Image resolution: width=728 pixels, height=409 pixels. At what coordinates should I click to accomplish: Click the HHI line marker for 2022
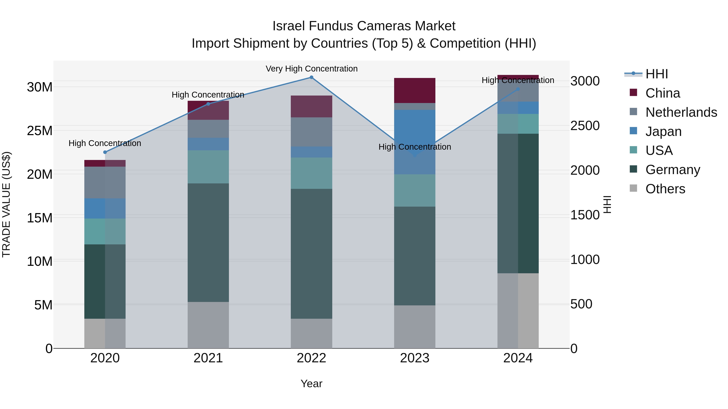[311, 77]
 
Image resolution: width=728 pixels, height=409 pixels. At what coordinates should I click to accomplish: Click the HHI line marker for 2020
[105, 152]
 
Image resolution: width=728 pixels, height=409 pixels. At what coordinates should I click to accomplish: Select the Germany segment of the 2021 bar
[208, 243]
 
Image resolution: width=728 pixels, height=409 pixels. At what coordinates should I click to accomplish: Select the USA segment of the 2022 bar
[311, 173]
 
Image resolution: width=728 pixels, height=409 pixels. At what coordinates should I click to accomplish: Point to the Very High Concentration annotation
[311, 69]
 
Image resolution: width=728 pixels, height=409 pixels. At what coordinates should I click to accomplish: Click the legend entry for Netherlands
[681, 112]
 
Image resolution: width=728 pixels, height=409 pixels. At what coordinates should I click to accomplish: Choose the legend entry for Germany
[673, 170]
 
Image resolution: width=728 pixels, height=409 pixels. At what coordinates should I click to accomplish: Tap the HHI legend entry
[656, 74]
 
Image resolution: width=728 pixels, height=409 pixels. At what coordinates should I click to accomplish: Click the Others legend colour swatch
[633, 188]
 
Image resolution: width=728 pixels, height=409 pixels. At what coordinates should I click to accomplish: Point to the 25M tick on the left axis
[40, 131]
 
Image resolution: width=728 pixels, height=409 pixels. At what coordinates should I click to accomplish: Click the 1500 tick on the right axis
[585, 215]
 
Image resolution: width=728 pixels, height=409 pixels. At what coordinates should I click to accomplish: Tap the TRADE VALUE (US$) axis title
[6, 204]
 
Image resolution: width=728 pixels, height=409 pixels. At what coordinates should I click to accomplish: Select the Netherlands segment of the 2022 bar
[311, 132]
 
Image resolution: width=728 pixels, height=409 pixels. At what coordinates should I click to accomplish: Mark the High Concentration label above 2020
[105, 143]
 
